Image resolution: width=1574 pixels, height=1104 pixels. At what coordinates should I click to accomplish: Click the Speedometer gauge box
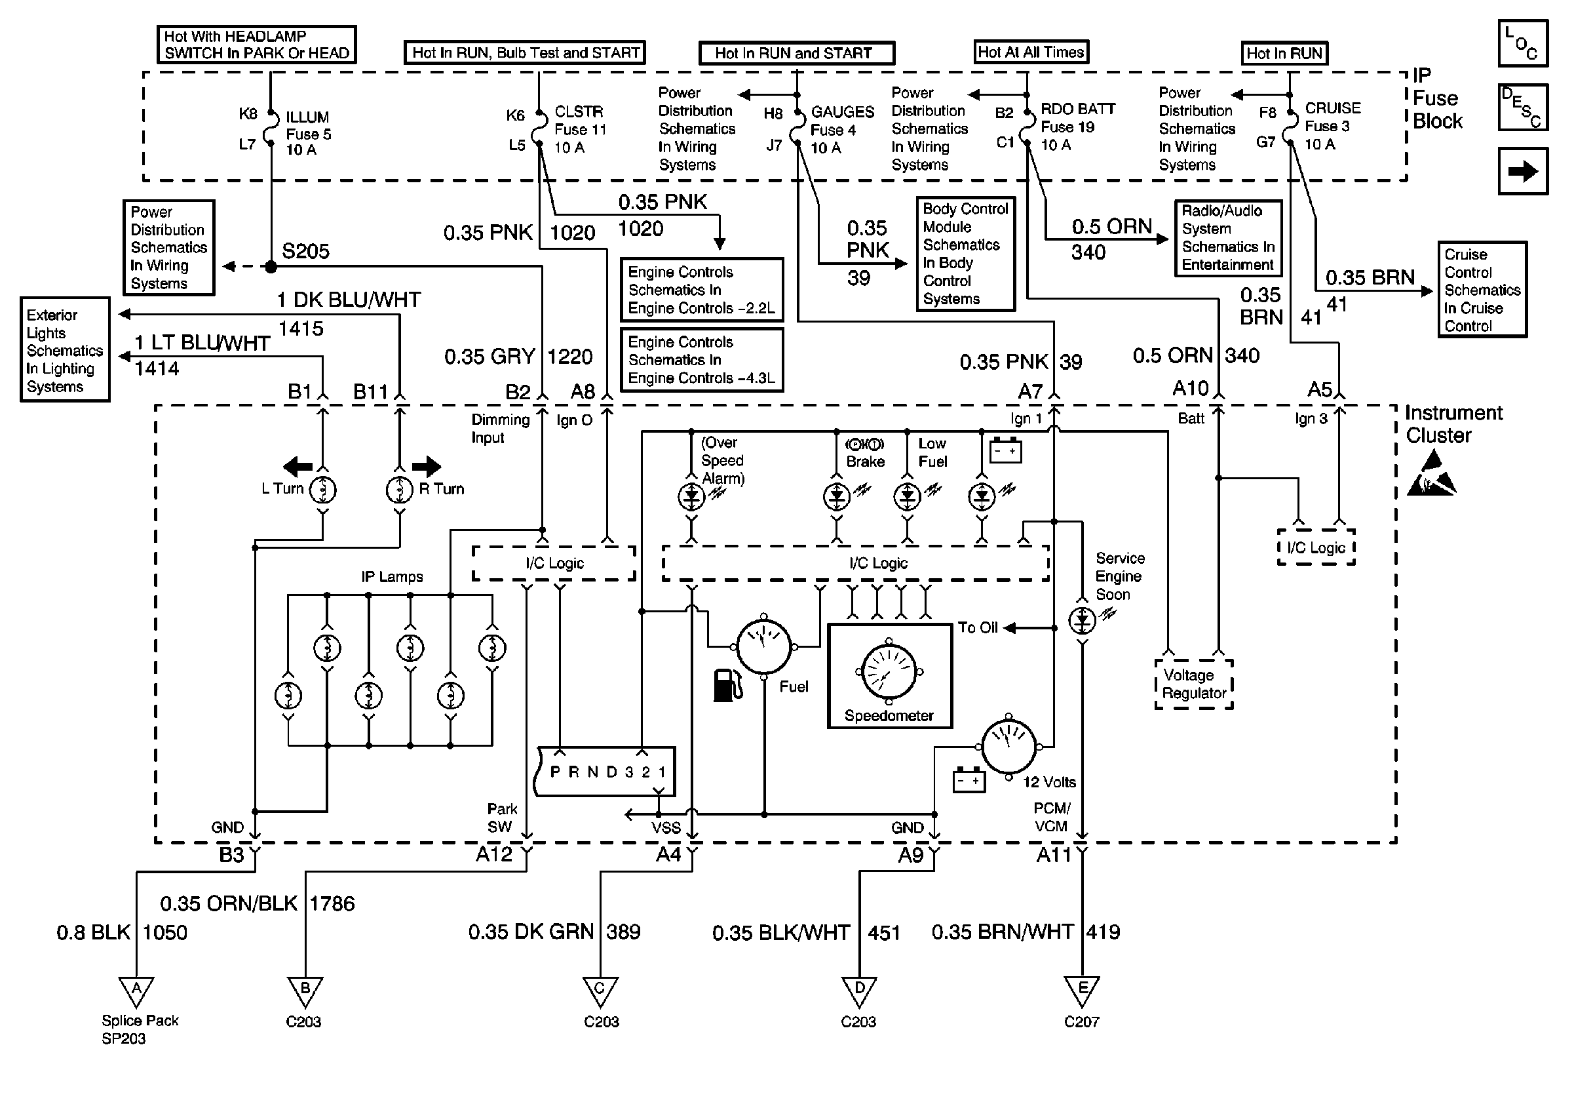point(890,675)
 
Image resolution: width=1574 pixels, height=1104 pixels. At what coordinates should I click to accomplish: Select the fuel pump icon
point(727,685)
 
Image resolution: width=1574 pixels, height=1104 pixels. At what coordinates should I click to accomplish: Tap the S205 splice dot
point(271,267)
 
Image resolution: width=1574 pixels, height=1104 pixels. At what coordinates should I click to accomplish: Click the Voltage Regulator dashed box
point(1193,684)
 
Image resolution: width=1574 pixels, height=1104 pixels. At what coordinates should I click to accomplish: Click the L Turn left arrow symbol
point(298,467)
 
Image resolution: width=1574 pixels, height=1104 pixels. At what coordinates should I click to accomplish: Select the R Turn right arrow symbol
point(427,466)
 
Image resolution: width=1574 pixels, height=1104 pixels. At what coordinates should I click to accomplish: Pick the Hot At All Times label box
point(1031,52)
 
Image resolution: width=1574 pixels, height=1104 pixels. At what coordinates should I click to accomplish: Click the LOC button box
point(1523,43)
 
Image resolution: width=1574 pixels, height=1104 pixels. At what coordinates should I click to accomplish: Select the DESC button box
point(1523,107)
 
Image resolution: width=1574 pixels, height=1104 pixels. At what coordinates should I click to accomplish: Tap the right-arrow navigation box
point(1523,170)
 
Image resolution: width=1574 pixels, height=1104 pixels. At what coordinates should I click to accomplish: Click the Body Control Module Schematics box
point(965,254)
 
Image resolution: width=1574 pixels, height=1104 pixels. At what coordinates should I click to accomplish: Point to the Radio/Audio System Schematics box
point(1228,238)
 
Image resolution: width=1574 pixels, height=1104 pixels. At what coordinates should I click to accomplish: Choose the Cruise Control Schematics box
point(1482,289)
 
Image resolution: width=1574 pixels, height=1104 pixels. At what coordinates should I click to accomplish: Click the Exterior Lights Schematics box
point(65,349)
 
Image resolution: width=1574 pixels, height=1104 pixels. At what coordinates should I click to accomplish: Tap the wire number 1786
point(332,904)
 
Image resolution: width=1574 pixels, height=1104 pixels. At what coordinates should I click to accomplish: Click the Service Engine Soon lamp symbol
point(1082,621)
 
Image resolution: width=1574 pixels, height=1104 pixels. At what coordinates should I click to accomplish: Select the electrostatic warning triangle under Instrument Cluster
point(1430,475)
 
